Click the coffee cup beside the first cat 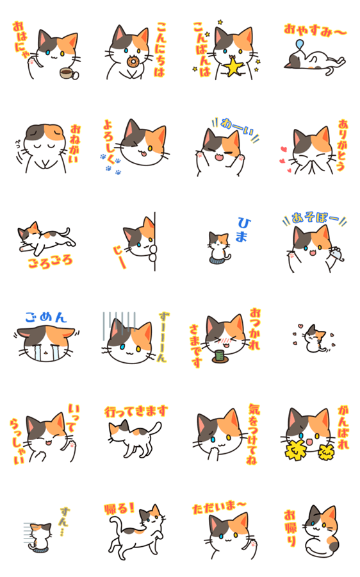[69, 74]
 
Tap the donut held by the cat [132, 62]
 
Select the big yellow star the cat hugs [234, 67]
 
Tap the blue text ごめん [46, 317]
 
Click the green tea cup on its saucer [220, 357]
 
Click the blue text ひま [243, 230]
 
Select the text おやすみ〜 [315, 30]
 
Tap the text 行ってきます [136, 411]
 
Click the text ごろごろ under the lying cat [51, 262]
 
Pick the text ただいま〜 [219, 508]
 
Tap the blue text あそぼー [315, 218]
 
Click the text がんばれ [343, 428]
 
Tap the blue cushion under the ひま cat [217, 260]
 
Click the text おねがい [75, 144]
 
